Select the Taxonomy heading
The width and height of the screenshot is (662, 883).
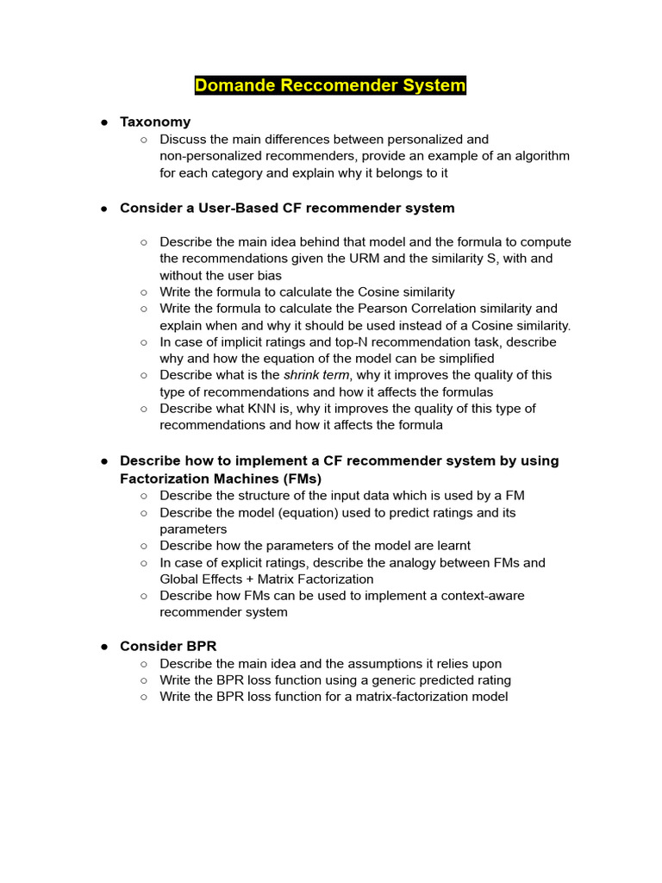pos(155,122)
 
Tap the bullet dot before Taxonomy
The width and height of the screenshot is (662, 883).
pos(103,122)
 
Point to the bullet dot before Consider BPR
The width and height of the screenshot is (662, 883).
pos(103,647)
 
